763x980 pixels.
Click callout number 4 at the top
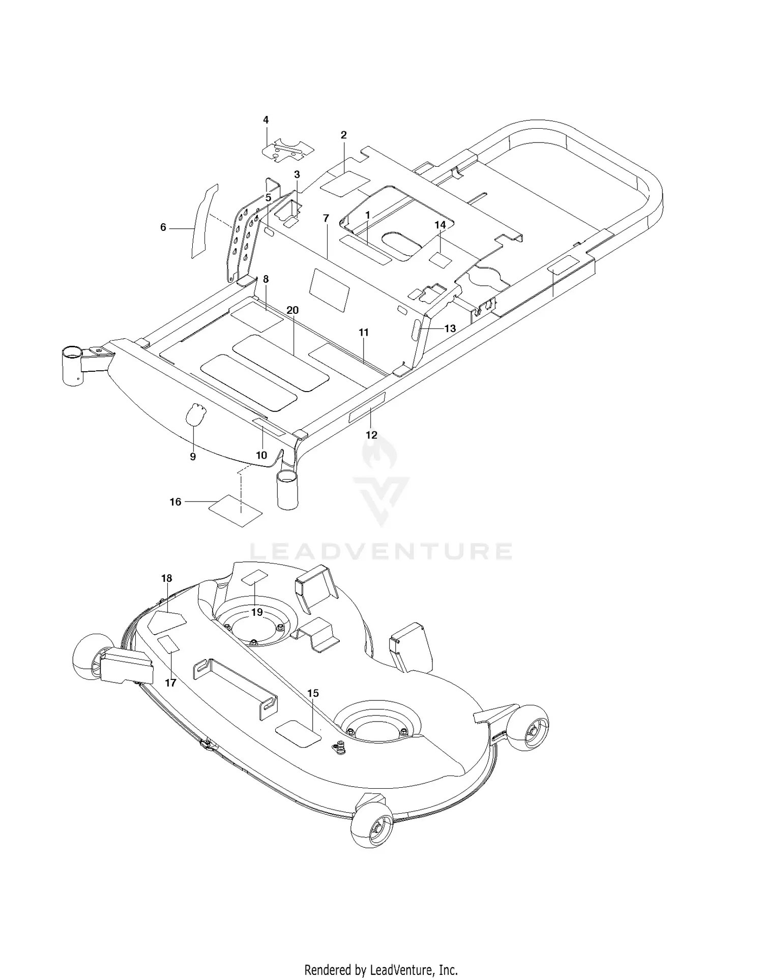(266, 120)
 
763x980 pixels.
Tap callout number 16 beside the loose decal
(175, 502)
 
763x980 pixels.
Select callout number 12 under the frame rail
(371, 435)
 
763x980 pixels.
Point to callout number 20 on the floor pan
(292, 310)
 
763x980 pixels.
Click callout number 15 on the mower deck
(313, 693)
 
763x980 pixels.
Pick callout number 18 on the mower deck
(166, 578)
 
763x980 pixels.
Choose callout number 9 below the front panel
(193, 457)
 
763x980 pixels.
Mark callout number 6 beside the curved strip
(163, 227)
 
